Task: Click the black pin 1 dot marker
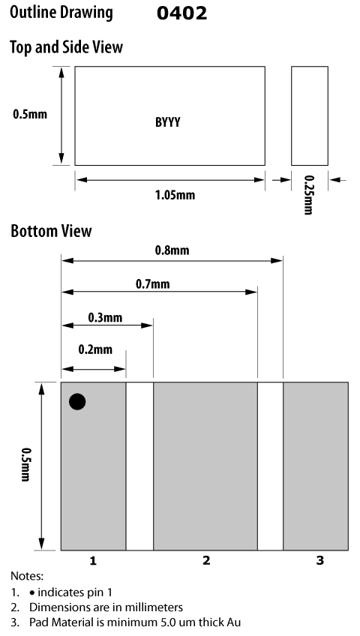click(x=77, y=401)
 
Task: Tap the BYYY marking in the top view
click(x=168, y=122)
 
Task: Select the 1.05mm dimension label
click(x=175, y=195)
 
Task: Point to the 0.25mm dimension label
click(x=309, y=195)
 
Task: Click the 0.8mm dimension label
click(x=172, y=250)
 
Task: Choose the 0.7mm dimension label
click(x=152, y=283)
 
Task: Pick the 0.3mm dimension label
click(x=105, y=316)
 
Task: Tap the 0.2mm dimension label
click(x=95, y=349)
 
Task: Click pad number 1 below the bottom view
click(x=93, y=560)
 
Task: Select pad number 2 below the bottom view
click(x=206, y=560)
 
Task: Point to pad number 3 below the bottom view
click(x=319, y=560)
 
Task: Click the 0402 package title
click(x=181, y=13)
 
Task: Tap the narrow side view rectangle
click(x=310, y=115)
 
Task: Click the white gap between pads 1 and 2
click(x=139, y=466)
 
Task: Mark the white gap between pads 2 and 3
click(x=270, y=466)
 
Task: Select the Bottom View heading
click(x=51, y=231)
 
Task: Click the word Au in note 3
click(x=235, y=622)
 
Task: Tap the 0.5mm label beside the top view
click(x=30, y=114)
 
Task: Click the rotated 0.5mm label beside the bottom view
click(x=25, y=464)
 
